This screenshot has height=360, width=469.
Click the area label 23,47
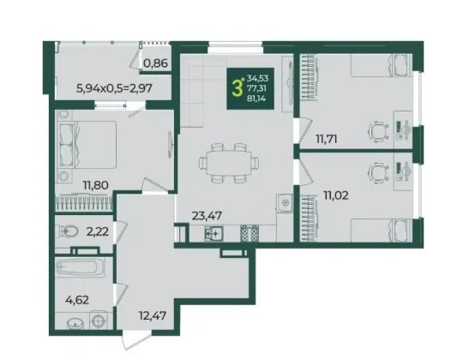tap(207, 215)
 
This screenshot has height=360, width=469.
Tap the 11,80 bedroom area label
tap(96, 185)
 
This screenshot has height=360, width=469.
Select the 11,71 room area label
tap(327, 139)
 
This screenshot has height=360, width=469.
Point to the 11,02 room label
tap(335, 195)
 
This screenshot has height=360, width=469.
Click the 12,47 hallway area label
tap(153, 315)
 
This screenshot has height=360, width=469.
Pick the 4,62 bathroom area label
tap(77, 300)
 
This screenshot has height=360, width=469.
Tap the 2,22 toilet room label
tap(97, 231)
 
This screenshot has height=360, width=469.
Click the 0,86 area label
tap(155, 63)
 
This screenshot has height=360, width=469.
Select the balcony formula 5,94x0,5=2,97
tap(115, 88)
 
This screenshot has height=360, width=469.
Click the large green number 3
tap(237, 88)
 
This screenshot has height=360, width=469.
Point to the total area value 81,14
tap(256, 98)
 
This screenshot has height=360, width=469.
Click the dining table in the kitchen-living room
tap(229, 163)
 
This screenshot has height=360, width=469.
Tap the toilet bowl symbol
tap(69, 231)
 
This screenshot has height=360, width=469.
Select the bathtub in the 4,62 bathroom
tap(80, 267)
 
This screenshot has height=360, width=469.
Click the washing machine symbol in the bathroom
tap(99, 321)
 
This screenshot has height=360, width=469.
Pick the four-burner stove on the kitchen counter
tap(250, 233)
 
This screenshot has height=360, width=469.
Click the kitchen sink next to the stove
tap(213, 233)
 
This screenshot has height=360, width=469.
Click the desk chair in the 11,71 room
tap(379, 130)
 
